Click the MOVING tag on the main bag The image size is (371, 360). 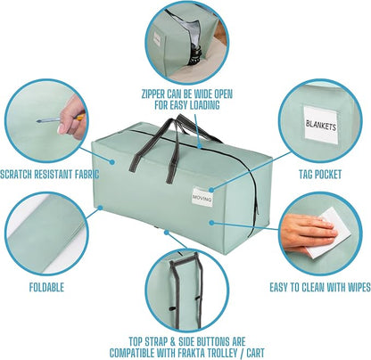coord(202,196)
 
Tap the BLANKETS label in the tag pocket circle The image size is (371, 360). coord(321,125)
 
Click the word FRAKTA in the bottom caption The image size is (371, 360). coord(194,353)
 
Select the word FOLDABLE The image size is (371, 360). coord(46,287)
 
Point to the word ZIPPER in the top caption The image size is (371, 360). coord(153,94)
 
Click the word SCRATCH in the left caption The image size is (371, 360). coord(16,174)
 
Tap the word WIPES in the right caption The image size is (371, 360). coord(358,287)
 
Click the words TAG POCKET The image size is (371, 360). coord(320,174)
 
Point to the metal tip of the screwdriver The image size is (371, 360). coord(38,121)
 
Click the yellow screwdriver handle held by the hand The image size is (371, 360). coord(79,117)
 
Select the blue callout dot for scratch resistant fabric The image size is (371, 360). coord(111,162)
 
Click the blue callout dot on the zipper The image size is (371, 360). coord(201,146)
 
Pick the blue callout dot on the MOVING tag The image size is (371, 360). coord(211,190)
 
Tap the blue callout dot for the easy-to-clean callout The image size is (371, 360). coord(211,222)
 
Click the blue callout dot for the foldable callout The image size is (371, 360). coord(100,208)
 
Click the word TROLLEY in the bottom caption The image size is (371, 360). coord(225,353)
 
